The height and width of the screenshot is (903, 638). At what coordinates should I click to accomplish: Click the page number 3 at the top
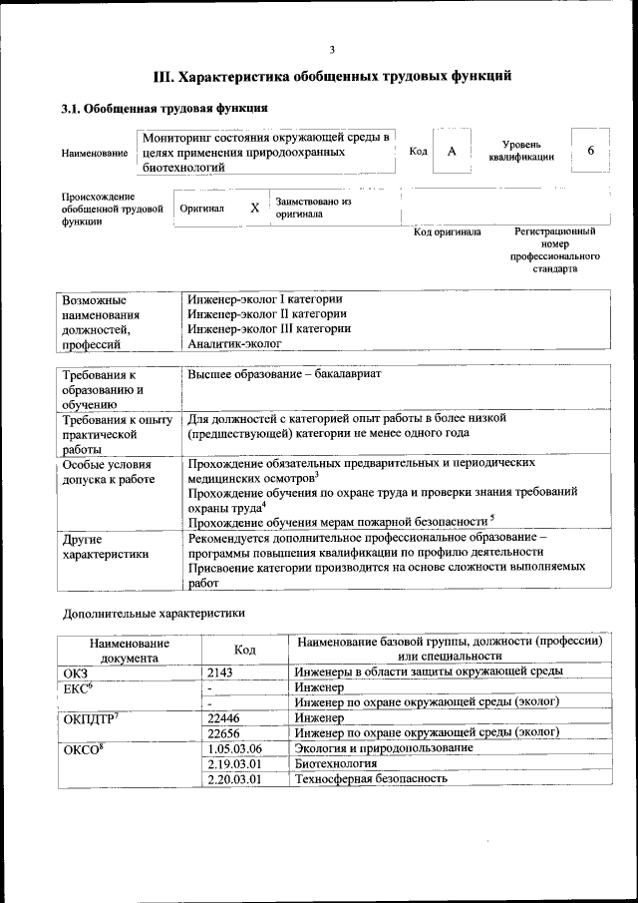pos(332,50)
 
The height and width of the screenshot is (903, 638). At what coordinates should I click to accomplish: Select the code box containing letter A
pos(452,152)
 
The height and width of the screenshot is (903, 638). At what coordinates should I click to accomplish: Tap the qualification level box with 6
pos(590,151)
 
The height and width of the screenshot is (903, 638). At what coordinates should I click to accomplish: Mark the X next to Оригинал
pos(254,209)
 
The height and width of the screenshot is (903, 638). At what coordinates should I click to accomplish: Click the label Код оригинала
pos(447,232)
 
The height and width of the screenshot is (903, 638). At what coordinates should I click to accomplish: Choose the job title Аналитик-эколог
pos(235,343)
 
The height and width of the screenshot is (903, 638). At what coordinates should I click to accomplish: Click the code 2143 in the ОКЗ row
pos(220,672)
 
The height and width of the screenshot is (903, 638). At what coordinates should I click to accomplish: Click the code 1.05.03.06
pos(234,747)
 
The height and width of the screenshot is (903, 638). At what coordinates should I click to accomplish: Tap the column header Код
pos(244,650)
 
